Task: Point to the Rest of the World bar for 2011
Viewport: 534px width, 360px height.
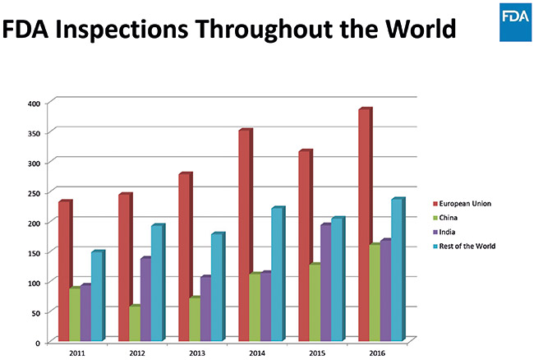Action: (96, 296)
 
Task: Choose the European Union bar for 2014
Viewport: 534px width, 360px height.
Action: (244, 234)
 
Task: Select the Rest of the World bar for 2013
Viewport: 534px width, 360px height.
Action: (216, 286)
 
